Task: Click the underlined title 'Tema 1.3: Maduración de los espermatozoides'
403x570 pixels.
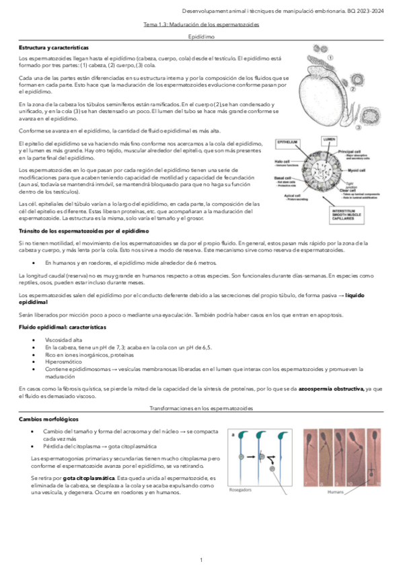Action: point(201,25)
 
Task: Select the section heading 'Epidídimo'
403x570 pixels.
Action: point(201,38)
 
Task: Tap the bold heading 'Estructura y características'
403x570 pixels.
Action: point(53,49)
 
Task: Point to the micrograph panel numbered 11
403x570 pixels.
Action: point(377,457)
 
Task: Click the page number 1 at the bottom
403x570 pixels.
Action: point(201,559)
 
